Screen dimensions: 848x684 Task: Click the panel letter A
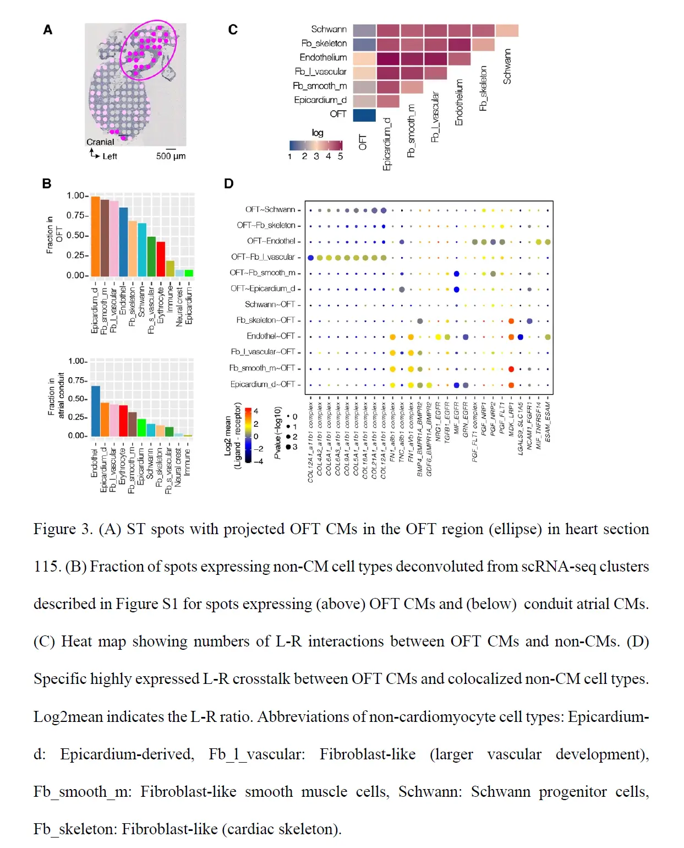point(48,30)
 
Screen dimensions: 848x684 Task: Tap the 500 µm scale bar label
point(171,156)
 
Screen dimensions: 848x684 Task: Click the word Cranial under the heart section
point(100,142)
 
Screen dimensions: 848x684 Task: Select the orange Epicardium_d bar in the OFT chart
point(95,236)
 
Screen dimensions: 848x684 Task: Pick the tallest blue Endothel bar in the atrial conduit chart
point(96,411)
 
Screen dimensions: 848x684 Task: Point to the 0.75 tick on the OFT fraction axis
point(76,215)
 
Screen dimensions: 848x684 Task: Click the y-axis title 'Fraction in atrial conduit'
point(56,396)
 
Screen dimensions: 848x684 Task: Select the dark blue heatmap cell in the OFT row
point(364,115)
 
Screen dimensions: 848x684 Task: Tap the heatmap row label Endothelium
point(323,57)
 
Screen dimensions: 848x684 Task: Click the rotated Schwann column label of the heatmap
point(507,67)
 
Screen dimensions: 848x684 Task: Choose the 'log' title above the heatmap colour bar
point(318,133)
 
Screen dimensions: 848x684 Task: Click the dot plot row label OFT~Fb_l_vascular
point(263,257)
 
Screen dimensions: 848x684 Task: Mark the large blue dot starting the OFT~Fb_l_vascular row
point(311,258)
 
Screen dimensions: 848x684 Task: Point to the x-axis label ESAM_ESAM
point(548,422)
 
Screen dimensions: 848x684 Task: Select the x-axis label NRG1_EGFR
point(439,422)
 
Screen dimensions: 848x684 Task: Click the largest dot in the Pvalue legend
point(288,447)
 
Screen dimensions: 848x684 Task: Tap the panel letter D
point(229,184)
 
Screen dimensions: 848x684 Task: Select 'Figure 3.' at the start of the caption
point(63,529)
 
